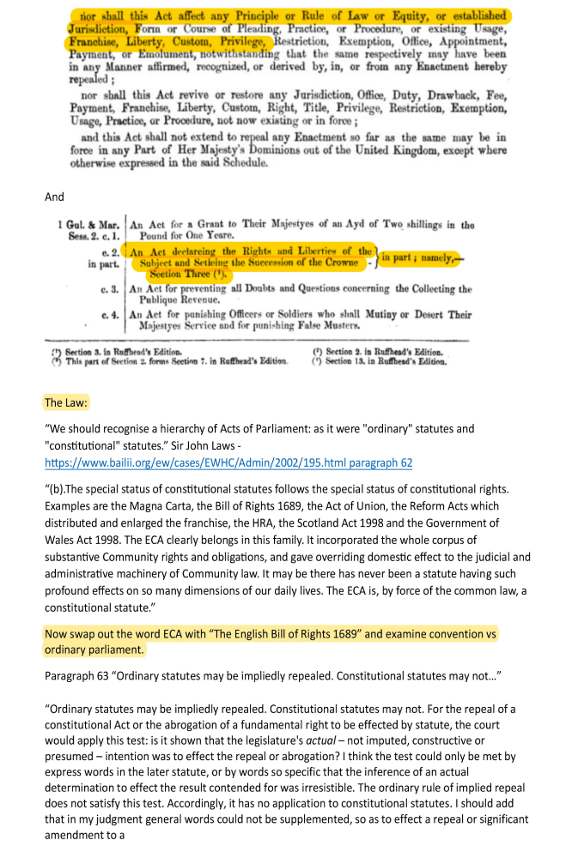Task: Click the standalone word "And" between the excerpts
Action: (x=54, y=196)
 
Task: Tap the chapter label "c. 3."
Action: (x=110, y=289)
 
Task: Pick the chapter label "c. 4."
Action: (x=110, y=315)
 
